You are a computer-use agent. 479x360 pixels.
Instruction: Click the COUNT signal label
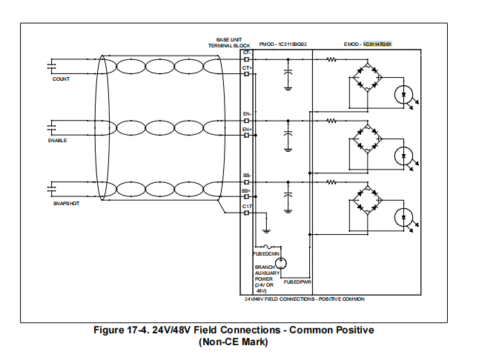pos(61,79)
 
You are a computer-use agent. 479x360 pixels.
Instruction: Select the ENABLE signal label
pos(58,140)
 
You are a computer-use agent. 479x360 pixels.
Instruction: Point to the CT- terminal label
pos(246,53)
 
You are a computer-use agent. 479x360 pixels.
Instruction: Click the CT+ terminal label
pos(246,67)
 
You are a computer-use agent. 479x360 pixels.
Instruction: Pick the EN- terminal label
pos(247,114)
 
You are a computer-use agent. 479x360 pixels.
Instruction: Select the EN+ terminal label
pos(247,130)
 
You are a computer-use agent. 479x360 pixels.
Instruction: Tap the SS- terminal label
pos(247,176)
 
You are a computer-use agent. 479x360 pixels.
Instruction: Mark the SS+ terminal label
pos(247,190)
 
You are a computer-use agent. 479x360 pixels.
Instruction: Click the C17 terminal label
pos(247,206)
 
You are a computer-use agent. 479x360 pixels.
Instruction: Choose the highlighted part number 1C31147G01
pos(376,44)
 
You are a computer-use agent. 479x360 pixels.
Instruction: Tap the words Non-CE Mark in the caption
pos(234,342)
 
